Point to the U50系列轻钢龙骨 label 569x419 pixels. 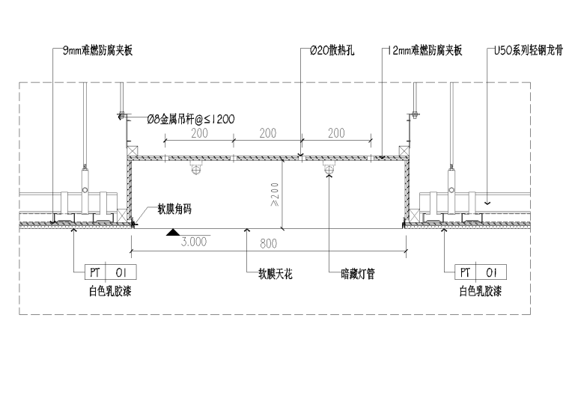click(x=526, y=51)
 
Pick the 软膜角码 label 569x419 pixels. click(x=174, y=210)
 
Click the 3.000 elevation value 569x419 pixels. click(x=192, y=242)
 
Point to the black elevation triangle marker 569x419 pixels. click(x=173, y=233)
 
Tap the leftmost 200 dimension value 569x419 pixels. click(x=198, y=133)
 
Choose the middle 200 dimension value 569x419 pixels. click(x=267, y=133)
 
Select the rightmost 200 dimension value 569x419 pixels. click(x=336, y=133)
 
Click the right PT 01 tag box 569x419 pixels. click(x=480, y=272)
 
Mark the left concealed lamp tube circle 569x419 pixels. click(x=197, y=170)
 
